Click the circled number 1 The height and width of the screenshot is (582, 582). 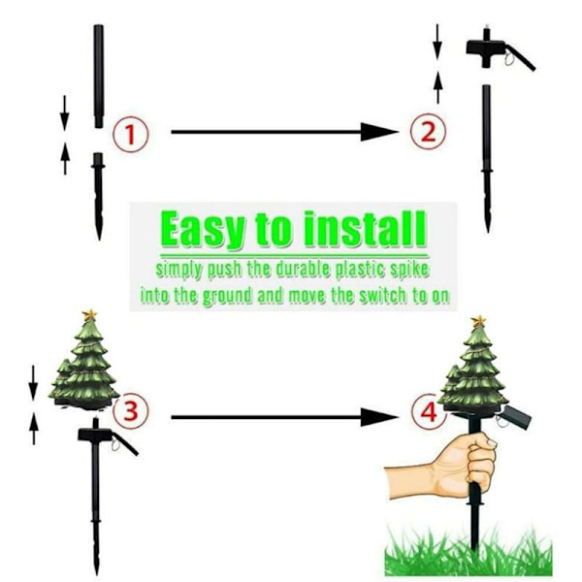[x=130, y=134]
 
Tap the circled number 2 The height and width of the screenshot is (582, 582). [x=429, y=131]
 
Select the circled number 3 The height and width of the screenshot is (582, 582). [x=131, y=411]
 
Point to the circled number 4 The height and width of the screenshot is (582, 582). [x=429, y=412]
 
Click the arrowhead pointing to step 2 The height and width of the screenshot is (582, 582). [x=378, y=132]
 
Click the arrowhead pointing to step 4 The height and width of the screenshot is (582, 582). [x=378, y=417]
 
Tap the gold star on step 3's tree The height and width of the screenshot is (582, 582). [x=89, y=315]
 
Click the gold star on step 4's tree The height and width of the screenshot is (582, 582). [x=479, y=321]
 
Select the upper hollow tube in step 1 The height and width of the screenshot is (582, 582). [x=98, y=77]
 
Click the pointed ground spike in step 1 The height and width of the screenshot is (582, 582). [x=98, y=196]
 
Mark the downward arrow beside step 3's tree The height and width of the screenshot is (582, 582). [x=33, y=383]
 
